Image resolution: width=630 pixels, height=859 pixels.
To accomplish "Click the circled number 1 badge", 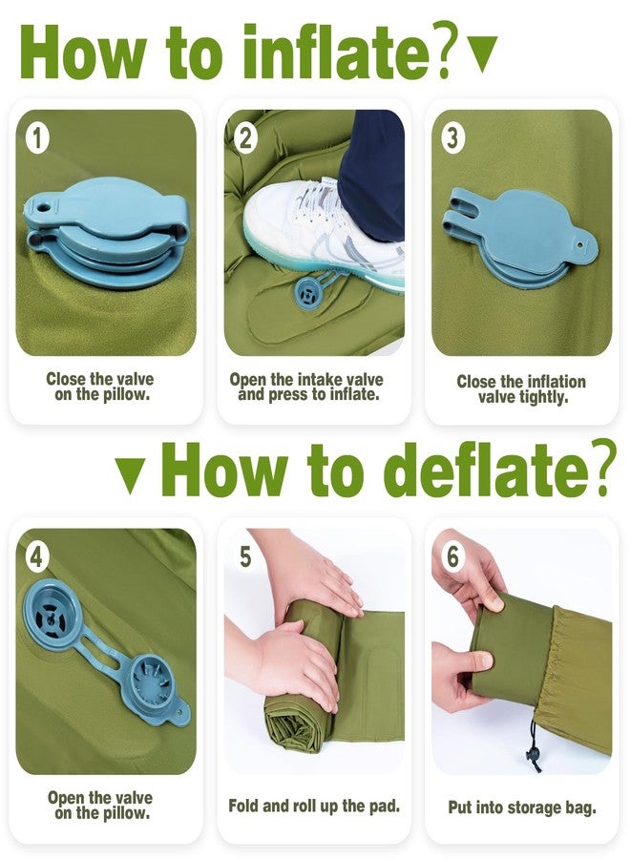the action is point(36,138).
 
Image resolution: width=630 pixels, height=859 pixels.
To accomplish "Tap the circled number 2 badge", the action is point(245,138).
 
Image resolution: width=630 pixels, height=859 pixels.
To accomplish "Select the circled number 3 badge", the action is point(452,138).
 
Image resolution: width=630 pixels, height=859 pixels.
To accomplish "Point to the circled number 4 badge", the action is point(36,557).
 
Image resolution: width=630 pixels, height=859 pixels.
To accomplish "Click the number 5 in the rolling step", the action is point(245,556).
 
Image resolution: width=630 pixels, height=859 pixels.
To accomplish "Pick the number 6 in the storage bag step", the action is point(453,556).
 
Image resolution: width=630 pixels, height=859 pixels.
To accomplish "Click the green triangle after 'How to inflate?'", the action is point(483,53).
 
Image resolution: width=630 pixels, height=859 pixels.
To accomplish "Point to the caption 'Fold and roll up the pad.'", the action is point(314,806).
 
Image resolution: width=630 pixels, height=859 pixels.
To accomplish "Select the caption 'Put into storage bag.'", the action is point(522,807).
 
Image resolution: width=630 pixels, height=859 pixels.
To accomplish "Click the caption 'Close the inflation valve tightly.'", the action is point(521,389).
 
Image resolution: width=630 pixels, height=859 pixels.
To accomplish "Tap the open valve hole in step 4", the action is point(51,618).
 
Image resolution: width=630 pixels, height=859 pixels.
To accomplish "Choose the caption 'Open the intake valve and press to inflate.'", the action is point(306,387).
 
